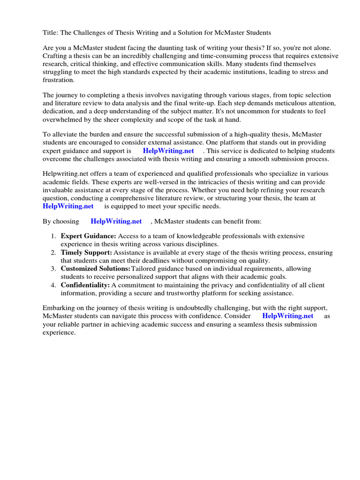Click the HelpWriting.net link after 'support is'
click(x=168, y=151)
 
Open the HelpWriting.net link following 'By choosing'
click(x=116, y=221)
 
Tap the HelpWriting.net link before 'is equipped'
click(x=68, y=206)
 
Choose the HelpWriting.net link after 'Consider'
click(x=288, y=316)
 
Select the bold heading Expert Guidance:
click(x=88, y=236)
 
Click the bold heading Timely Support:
click(x=86, y=253)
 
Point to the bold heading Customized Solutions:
click(x=95, y=269)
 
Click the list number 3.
click(x=53, y=269)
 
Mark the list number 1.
click(x=53, y=236)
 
